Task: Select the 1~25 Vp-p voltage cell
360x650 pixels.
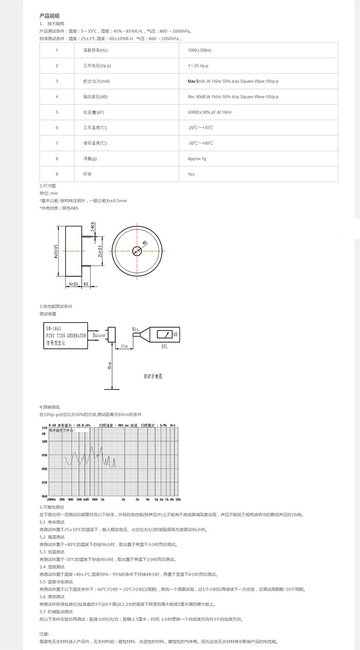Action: click(x=198, y=66)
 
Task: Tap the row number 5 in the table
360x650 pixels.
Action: click(x=57, y=112)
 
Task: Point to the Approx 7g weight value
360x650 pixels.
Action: click(x=197, y=159)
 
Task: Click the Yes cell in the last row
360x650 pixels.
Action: click(x=191, y=174)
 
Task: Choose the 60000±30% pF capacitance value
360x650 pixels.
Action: click(x=210, y=112)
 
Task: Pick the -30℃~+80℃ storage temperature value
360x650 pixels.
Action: click(x=201, y=143)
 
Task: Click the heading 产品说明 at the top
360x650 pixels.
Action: click(x=49, y=16)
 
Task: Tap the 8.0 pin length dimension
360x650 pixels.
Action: click(x=86, y=284)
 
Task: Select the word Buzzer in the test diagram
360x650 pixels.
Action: click(x=99, y=335)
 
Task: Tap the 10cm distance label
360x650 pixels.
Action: click(x=124, y=346)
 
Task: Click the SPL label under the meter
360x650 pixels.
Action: click(x=164, y=346)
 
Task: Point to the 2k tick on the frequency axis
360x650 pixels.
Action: click(x=123, y=499)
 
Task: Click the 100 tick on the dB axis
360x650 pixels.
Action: click(x=44, y=442)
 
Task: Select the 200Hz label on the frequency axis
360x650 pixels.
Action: click(x=51, y=499)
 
